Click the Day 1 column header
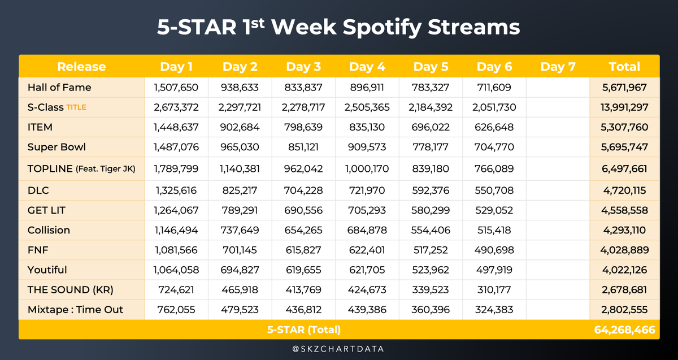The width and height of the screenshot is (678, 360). coord(176,67)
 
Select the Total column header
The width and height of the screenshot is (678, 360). coord(624,67)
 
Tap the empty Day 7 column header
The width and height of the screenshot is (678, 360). coord(558,67)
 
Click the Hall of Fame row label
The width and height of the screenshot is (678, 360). coord(59,88)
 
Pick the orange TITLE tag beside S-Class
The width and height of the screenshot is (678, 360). coord(76,107)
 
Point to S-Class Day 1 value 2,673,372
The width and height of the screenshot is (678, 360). coord(176,107)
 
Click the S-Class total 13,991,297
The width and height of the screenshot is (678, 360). coord(624,107)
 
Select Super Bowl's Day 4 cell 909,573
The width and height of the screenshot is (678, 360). coord(367,147)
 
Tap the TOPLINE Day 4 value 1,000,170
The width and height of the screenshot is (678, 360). coord(367,168)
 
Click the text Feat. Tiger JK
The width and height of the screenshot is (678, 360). coord(106,169)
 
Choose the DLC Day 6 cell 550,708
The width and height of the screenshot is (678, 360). coord(494,190)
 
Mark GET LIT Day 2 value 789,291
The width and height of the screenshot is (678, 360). coord(240,210)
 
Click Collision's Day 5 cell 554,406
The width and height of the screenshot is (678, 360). coord(431,230)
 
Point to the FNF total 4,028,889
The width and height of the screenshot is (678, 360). coord(624,249)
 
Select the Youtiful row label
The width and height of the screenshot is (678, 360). coord(47,270)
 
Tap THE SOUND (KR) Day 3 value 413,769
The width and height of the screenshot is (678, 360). coord(303,289)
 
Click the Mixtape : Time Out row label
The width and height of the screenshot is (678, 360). coord(75,309)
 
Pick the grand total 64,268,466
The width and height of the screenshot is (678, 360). coord(625,329)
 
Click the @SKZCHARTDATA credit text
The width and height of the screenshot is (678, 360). coord(338,349)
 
